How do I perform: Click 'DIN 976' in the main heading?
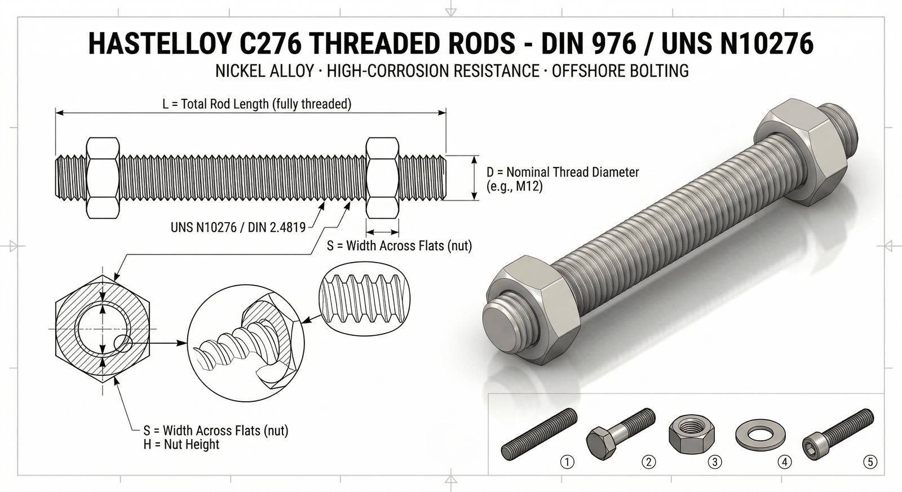tap(590, 44)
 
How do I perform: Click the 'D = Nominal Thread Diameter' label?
tap(563, 172)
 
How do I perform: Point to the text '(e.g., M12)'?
tap(514, 186)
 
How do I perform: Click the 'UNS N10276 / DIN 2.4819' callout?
tap(238, 227)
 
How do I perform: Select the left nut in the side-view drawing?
tap(103, 177)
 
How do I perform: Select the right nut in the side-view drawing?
tap(382, 177)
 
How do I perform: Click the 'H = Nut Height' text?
tap(181, 444)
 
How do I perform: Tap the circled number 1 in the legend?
tap(567, 462)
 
